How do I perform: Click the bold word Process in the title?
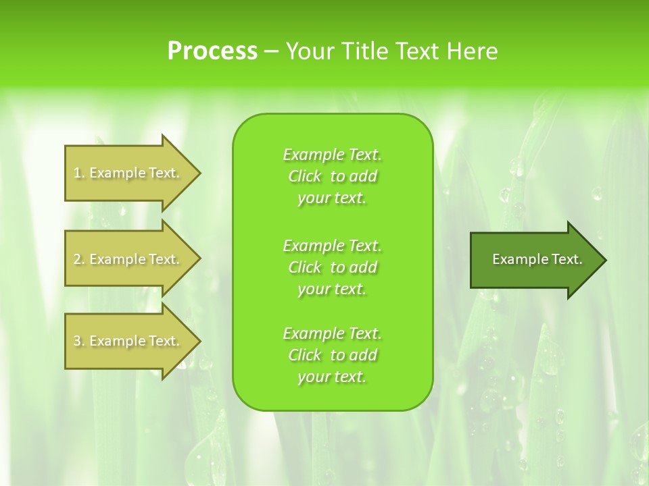pos(212,51)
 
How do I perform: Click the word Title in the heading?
pos(364,51)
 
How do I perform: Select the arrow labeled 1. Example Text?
pos(128,173)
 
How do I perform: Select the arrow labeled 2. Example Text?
pos(128,259)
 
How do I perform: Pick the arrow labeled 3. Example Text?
pos(128,341)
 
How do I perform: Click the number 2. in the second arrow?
pos(79,259)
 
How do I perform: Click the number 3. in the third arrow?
pos(79,341)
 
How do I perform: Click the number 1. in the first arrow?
pos(79,173)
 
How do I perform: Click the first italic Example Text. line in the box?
pos(332,155)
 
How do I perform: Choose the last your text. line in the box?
pos(332,377)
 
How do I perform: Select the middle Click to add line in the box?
pos(332,267)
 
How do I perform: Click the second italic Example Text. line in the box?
pos(332,245)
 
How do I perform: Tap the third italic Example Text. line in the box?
pos(332,333)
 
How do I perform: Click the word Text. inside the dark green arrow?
pos(567,259)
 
